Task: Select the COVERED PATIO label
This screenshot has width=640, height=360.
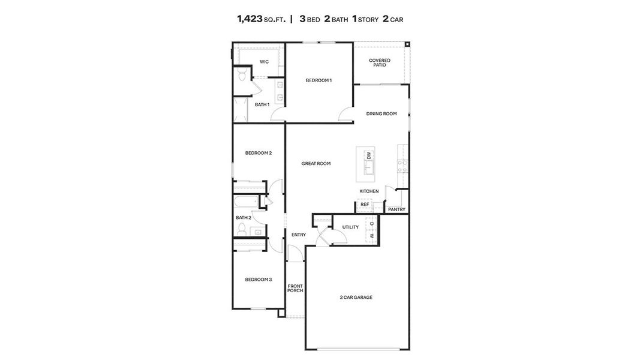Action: (380, 62)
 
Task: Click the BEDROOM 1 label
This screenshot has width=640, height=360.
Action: (319, 80)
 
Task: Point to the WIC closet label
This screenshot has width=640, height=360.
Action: (264, 62)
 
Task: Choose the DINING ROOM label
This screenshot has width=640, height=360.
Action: (381, 113)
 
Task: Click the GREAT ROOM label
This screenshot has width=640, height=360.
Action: (316, 163)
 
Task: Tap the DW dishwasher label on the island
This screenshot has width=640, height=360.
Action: (369, 155)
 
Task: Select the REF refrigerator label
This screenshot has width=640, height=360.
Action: (364, 205)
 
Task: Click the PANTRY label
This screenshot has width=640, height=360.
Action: (396, 209)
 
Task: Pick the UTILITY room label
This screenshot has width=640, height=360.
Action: (350, 227)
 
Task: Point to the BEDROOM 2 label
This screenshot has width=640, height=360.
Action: (258, 153)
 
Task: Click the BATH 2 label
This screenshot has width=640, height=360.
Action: (243, 217)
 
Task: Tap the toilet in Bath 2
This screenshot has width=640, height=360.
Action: (242, 229)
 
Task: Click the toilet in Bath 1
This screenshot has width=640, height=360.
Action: (241, 75)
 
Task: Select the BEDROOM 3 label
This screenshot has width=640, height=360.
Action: (258, 279)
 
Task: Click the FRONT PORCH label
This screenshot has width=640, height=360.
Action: (295, 288)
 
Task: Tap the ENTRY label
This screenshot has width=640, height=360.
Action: (298, 235)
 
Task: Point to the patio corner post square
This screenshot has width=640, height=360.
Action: (407, 44)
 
